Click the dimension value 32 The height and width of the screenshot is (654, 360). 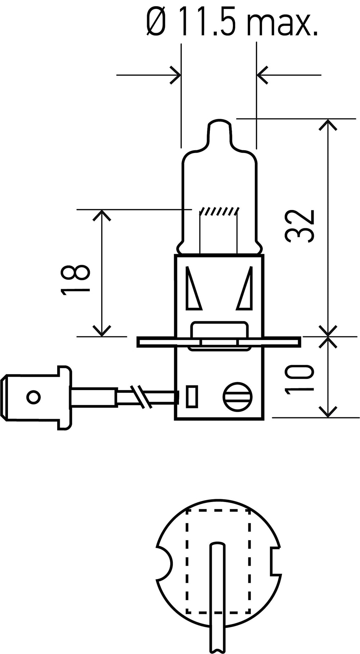tap(300, 225)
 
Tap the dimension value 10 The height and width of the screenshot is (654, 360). tap(299, 379)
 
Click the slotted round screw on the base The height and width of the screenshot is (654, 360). tap(237, 397)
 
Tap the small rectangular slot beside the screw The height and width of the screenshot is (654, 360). tap(192, 397)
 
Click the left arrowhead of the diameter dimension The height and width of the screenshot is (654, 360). tap(175, 75)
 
